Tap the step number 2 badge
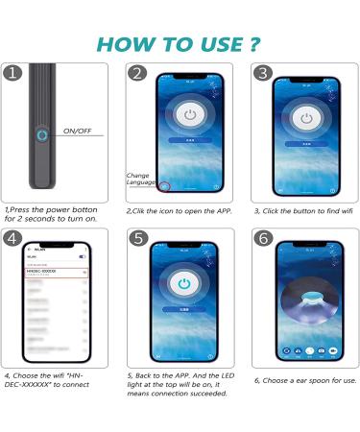coord(138,74)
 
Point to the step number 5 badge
coord(138,238)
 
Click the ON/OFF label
coord(79,130)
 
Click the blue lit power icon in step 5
coord(183,283)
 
